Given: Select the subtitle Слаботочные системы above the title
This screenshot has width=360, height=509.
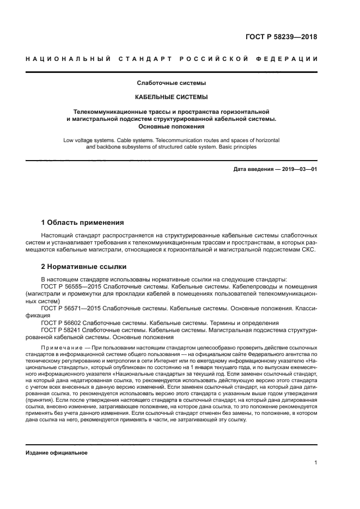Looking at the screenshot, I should pyautogui.click(x=171, y=83).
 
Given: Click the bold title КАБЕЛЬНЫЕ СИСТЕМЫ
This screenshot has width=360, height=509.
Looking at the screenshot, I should pyautogui.click(x=171, y=97).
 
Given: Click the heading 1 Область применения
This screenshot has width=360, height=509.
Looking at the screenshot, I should pyautogui.click(x=83, y=223).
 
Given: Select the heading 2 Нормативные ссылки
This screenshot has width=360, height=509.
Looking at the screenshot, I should pyautogui.click(x=84, y=267).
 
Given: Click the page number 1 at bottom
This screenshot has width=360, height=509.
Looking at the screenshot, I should pyautogui.click(x=315, y=463).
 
